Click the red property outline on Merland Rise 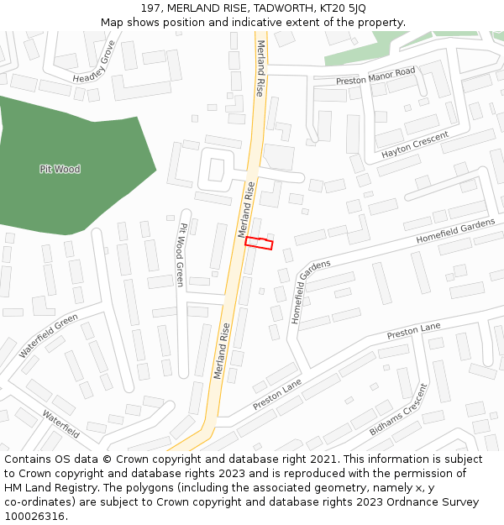tap(259, 243)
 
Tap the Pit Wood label tap(60, 169)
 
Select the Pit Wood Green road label tap(180, 255)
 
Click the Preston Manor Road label tap(375, 76)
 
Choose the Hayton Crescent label tap(415, 144)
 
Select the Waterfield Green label tap(49, 335)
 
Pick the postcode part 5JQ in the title tap(355, 8)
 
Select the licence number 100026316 tap(35, 516)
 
